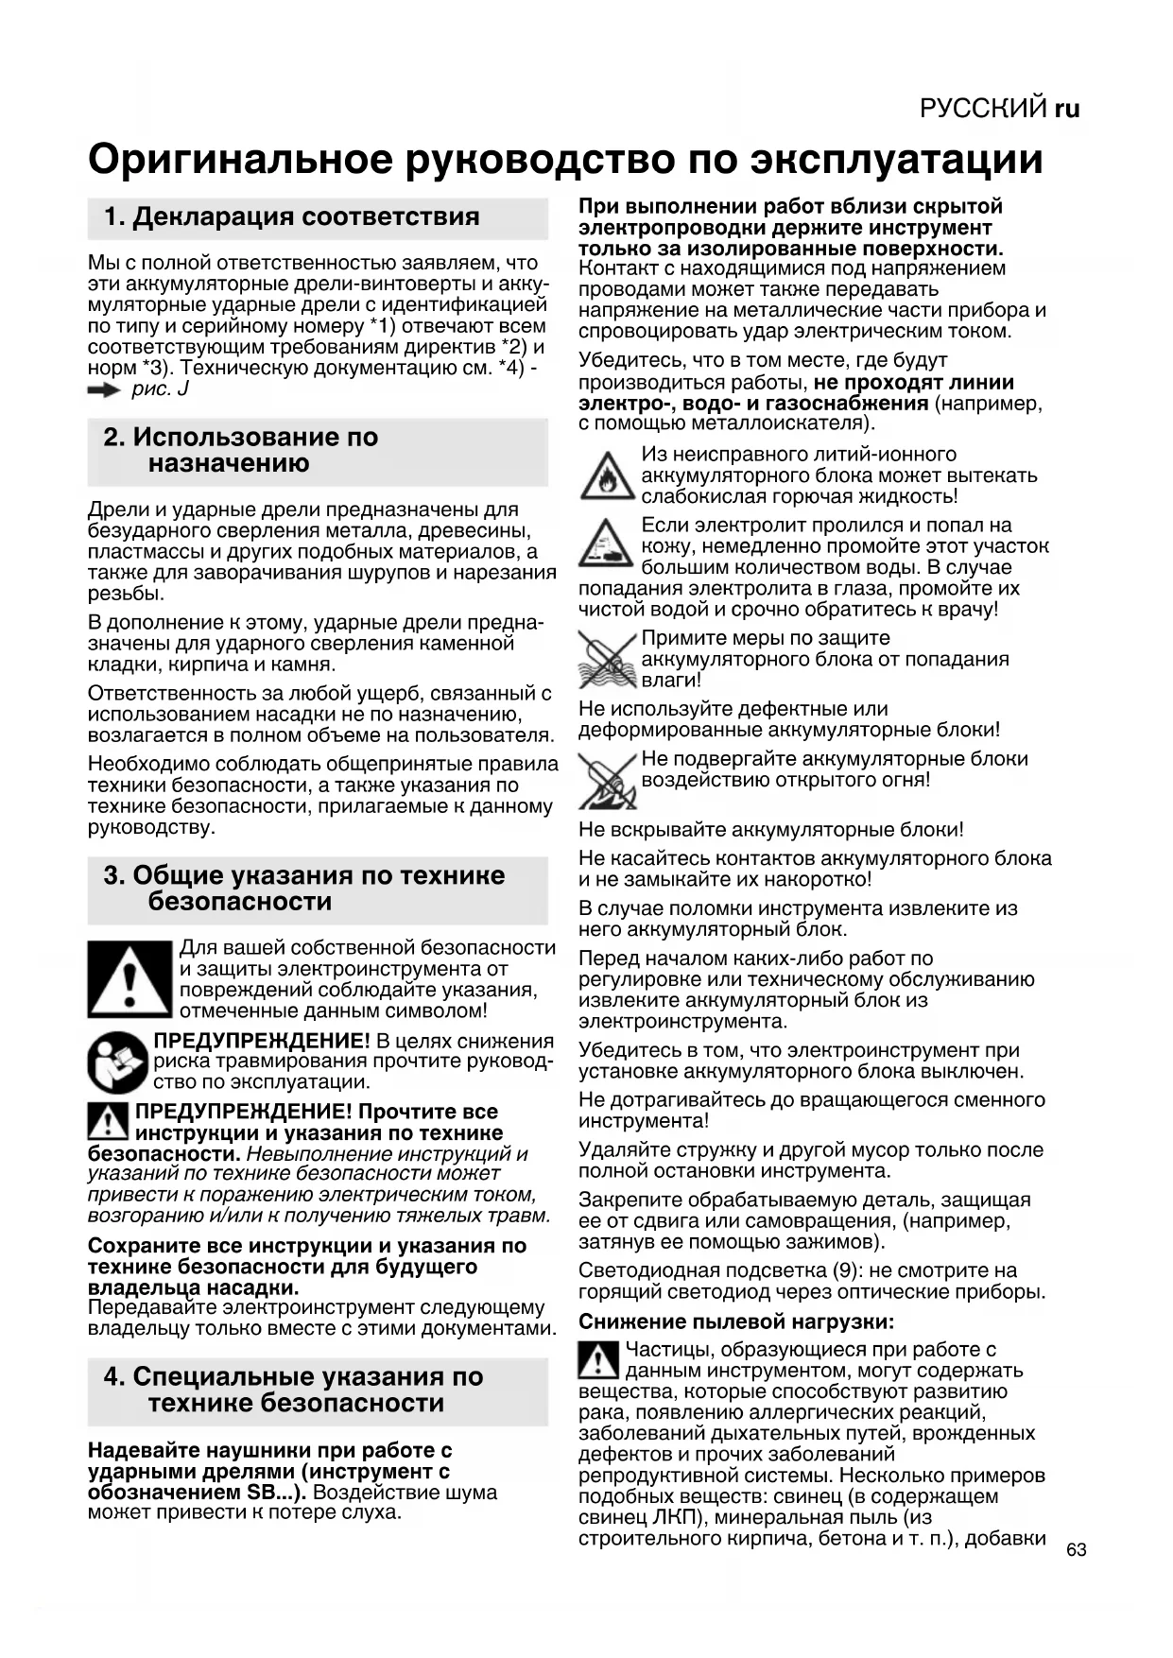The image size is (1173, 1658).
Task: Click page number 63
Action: pos(1076,1549)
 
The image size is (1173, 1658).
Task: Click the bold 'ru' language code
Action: pos(1067,109)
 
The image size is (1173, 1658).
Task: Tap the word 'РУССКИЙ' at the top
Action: pos(983,109)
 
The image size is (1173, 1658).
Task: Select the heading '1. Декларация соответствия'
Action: pos(292,216)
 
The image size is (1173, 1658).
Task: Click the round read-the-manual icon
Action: pos(117,1062)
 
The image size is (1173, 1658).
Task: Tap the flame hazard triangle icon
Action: pos(607,476)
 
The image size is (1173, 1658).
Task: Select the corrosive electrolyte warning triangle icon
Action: pos(607,545)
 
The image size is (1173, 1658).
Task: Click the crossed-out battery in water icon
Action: pos(607,660)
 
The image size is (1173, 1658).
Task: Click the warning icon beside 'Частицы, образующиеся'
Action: pos(597,1359)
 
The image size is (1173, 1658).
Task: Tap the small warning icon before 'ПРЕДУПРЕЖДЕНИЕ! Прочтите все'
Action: pos(108,1121)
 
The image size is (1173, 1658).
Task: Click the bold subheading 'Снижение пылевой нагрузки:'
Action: pos(736,1321)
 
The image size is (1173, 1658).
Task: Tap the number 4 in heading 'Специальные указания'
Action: pos(112,1376)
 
